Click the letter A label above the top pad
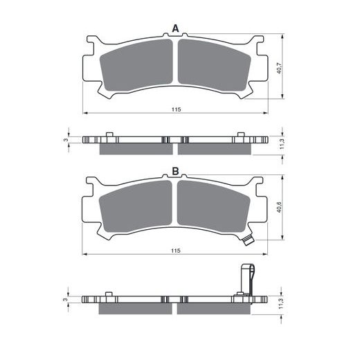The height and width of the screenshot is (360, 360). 175,28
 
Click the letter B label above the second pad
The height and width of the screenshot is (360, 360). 175,171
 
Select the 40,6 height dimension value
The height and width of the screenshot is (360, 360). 278,209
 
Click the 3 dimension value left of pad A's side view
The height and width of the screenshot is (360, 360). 65,140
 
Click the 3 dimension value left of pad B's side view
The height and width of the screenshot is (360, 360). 65,298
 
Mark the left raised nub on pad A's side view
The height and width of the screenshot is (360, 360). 109,135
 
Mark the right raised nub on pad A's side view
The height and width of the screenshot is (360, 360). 240,135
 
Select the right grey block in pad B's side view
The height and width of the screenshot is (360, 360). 215,307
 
